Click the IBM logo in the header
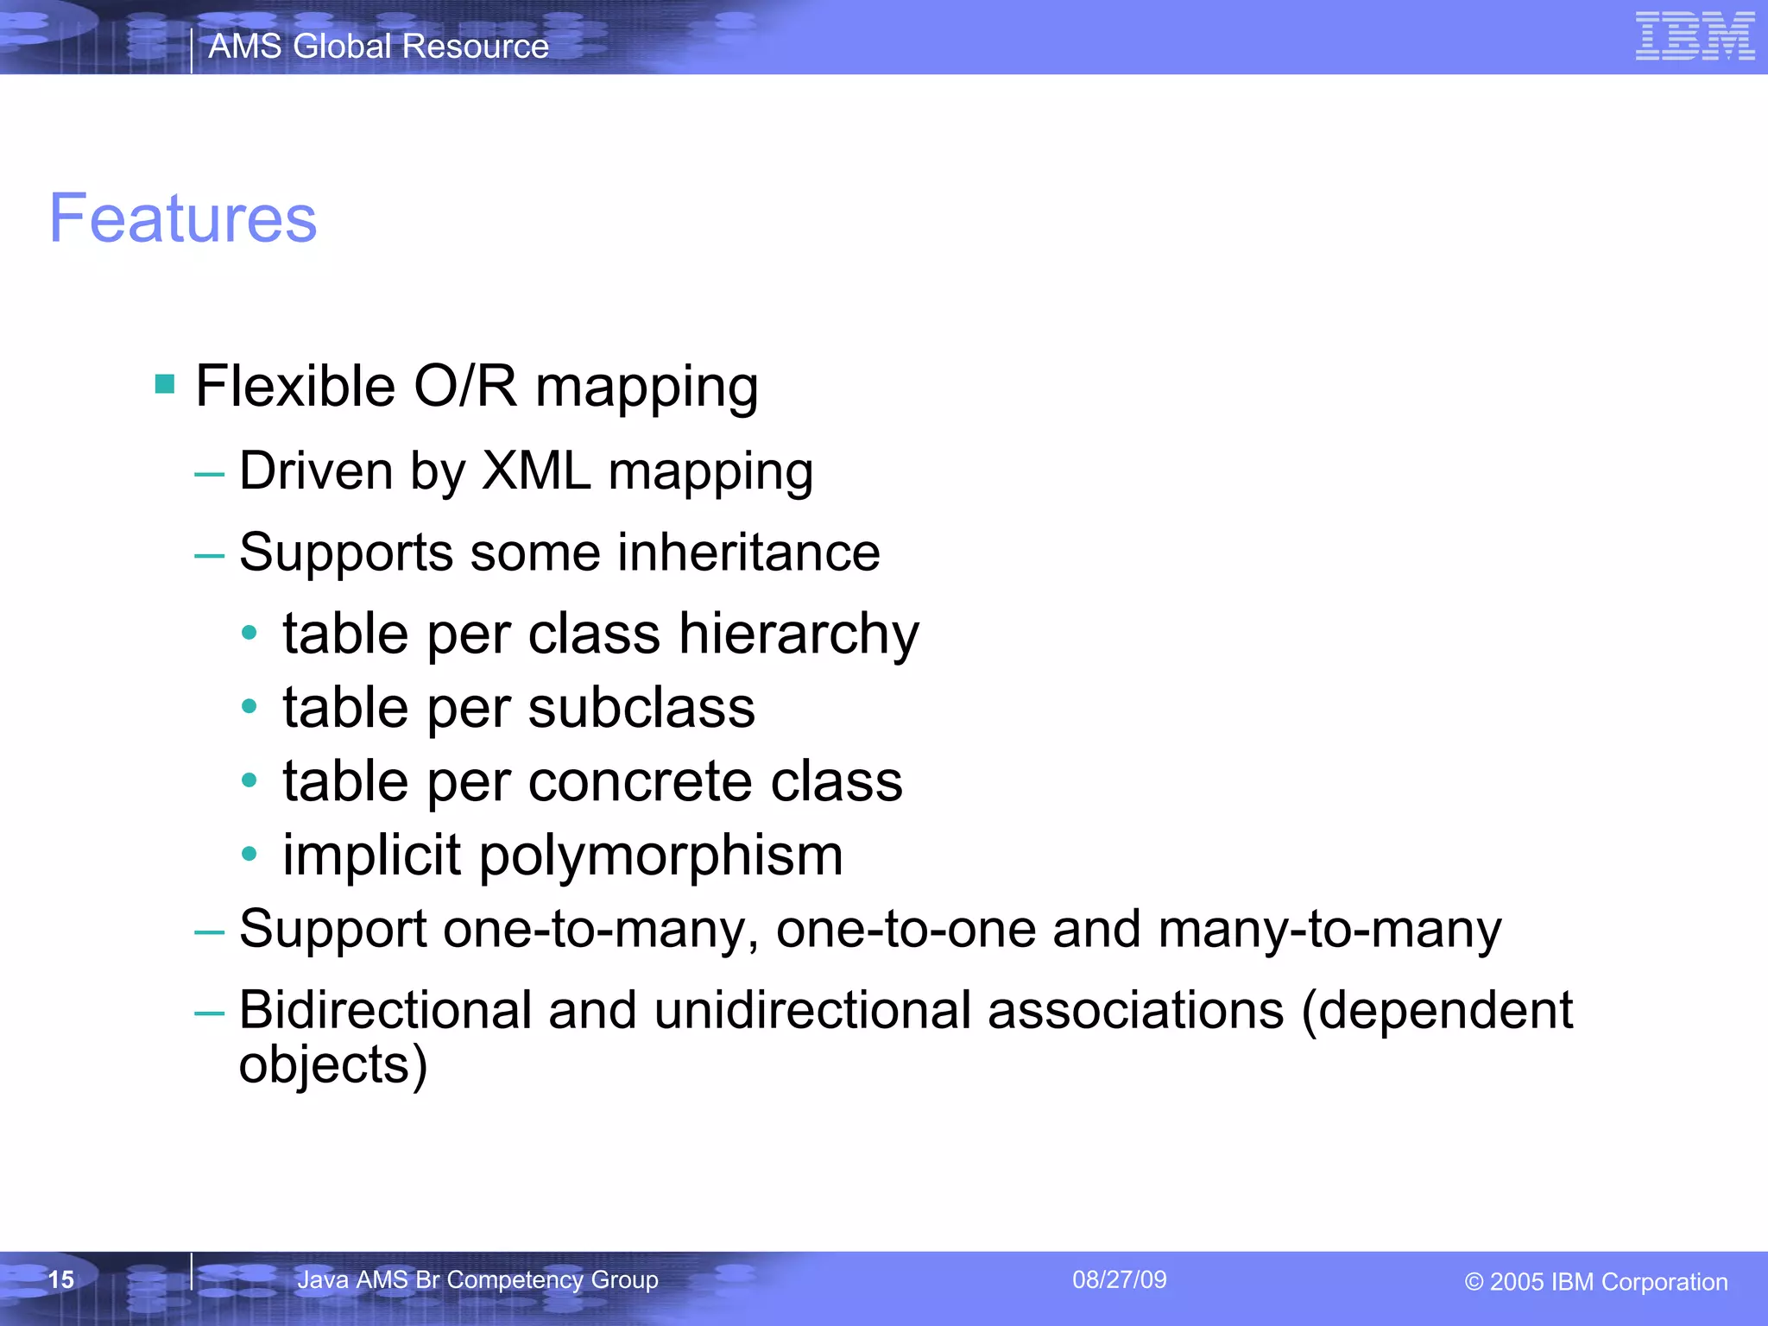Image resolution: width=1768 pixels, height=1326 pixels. tap(1695, 36)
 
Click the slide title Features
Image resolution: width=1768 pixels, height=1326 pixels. tap(183, 218)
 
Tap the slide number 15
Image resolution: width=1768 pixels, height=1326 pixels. tap(61, 1279)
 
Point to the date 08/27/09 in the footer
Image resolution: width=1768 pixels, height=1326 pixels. tap(1119, 1279)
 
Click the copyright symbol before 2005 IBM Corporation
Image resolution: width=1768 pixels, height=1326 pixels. tap(1474, 1283)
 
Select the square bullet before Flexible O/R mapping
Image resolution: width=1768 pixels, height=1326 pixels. tap(165, 383)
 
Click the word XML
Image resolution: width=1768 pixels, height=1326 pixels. tap(536, 471)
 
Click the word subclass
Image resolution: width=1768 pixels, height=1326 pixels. tap(641, 708)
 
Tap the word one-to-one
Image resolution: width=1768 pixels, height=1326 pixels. tap(906, 930)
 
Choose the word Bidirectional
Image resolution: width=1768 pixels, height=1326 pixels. tap(385, 1010)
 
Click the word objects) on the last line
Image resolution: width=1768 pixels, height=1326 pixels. tap(333, 1065)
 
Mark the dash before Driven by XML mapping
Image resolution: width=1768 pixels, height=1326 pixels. tap(209, 474)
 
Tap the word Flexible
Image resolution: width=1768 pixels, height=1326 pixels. tap(295, 386)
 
